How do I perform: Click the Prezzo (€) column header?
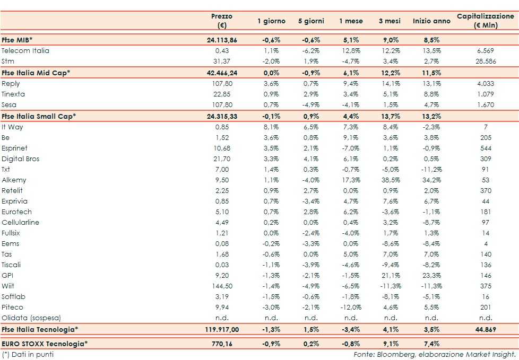click(x=222, y=21)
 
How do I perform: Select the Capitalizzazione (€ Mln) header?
click(x=486, y=21)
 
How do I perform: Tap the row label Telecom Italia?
click(x=25, y=51)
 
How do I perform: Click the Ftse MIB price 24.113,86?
click(x=222, y=40)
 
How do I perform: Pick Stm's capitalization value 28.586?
click(x=486, y=62)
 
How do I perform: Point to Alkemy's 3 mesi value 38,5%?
click(x=391, y=180)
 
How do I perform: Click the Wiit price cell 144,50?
click(x=222, y=286)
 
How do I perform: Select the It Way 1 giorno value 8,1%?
click(x=271, y=127)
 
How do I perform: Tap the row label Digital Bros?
click(x=21, y=159)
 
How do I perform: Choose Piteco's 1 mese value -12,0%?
click(x=351, y=308)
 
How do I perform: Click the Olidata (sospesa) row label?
click(x=31, y=318)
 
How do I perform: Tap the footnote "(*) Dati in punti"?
click(x=28, y=354)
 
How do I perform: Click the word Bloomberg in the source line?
click(x=394, y=354)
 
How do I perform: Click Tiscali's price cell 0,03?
click(x=222, y=265)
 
